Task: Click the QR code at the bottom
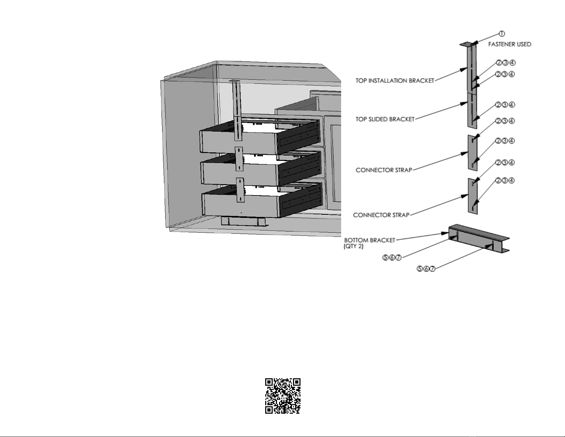[x=283, y=396]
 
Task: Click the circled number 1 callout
[x=502, y=34]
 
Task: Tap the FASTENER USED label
[x=509, y=44]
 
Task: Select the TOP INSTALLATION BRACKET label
[x=395, y=81]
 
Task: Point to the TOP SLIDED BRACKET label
[x=385, y=119]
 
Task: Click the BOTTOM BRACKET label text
[x=370, y=240]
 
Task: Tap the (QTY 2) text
[x=354, y=247]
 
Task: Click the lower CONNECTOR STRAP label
[x=381, y=215]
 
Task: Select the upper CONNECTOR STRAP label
[x=384, y=170]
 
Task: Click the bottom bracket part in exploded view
[x=478, y=239]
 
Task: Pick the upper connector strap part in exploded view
[x=472, y=152]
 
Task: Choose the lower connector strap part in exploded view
[x=472, y=196]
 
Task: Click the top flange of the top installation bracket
[x=466, y=44]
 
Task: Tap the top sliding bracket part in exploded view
[x=472, y=109]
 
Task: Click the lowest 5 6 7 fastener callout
[x=426, y=269]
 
